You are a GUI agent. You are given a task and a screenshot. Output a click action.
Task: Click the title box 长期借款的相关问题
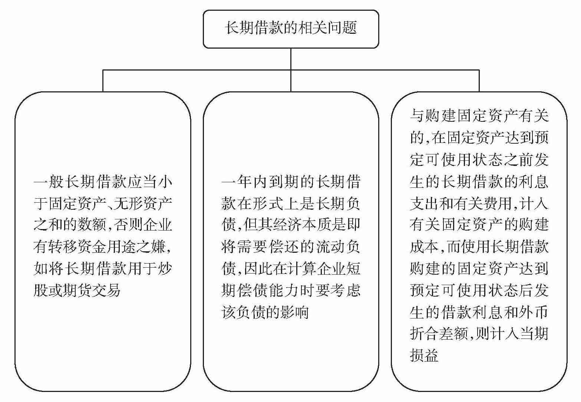pos(291,29)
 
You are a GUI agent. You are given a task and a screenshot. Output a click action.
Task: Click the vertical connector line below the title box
pos(291,59)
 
